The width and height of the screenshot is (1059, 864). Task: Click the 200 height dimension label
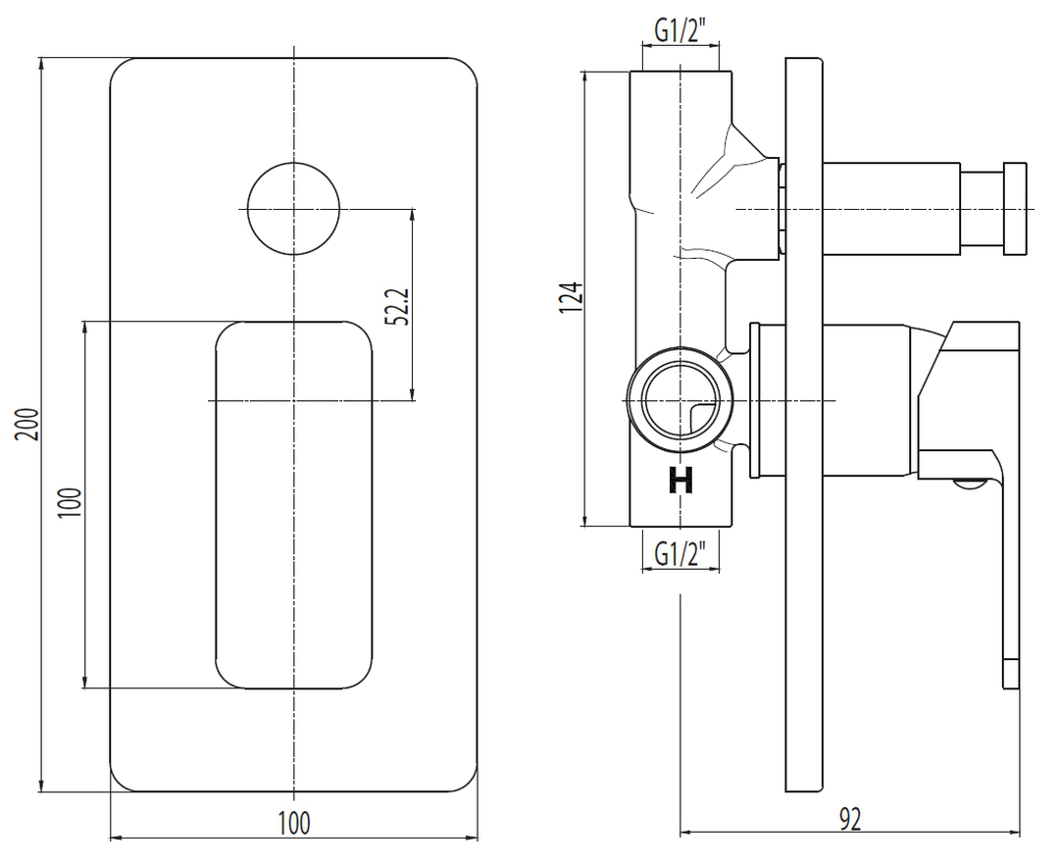point(30,424)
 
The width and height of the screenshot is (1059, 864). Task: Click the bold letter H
point(681,481)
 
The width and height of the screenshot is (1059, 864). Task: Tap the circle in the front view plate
point(293,208)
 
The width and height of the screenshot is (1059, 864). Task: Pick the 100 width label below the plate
point(293,822)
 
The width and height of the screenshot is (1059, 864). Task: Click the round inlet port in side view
point(680,400)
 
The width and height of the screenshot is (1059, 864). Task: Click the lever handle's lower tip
point(1010,675)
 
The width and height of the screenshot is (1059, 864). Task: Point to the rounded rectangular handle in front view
point(293,504)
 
